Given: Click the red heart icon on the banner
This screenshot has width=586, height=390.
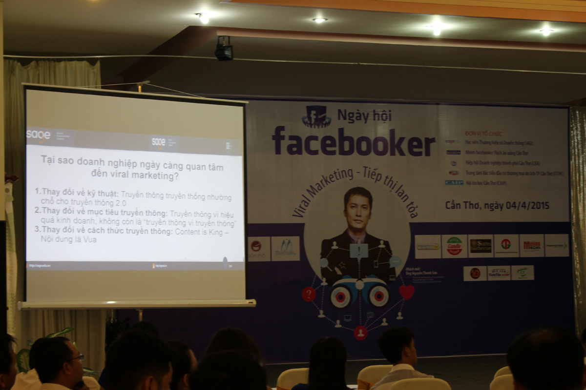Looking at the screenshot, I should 406,292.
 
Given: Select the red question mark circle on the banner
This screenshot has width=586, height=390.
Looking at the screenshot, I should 309,294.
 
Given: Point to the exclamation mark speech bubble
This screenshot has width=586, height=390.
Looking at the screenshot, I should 359,251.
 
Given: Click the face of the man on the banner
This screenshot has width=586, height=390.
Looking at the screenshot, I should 358,208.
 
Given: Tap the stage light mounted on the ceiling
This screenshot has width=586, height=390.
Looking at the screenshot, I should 224,49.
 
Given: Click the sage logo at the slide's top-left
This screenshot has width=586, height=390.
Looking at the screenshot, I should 38,135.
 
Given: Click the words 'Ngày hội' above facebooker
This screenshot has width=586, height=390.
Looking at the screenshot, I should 364,116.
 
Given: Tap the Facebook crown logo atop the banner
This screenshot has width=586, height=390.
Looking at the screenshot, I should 316,117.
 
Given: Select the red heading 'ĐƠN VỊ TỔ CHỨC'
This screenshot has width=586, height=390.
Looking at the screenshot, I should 483,134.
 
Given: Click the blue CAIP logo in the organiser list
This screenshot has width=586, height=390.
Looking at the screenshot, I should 454,182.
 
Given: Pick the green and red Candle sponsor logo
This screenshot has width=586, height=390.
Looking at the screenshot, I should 454,246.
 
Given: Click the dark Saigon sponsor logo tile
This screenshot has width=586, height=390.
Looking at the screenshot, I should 481,246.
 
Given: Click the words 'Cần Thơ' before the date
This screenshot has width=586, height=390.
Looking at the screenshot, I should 462,205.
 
